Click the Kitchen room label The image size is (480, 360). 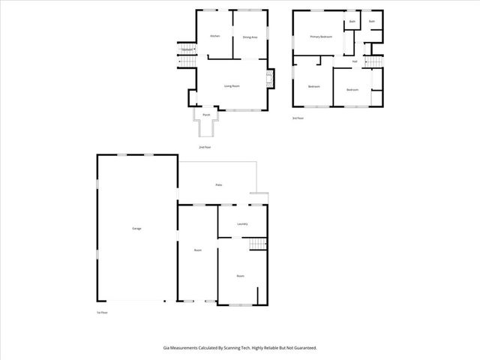point(214,36)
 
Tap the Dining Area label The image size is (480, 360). point(250,37)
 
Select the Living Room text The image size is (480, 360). point(232,86)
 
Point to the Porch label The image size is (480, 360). point(205,115)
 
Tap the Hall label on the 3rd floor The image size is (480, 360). point(355,61)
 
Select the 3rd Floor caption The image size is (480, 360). point(298,118)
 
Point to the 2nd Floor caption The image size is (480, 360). point(205,147)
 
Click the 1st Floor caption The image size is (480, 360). point(101,312)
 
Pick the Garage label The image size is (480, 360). point(136,228)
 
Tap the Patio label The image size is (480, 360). point(218,184)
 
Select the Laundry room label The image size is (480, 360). point(241,223)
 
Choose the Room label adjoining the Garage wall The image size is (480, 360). point(197,250)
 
